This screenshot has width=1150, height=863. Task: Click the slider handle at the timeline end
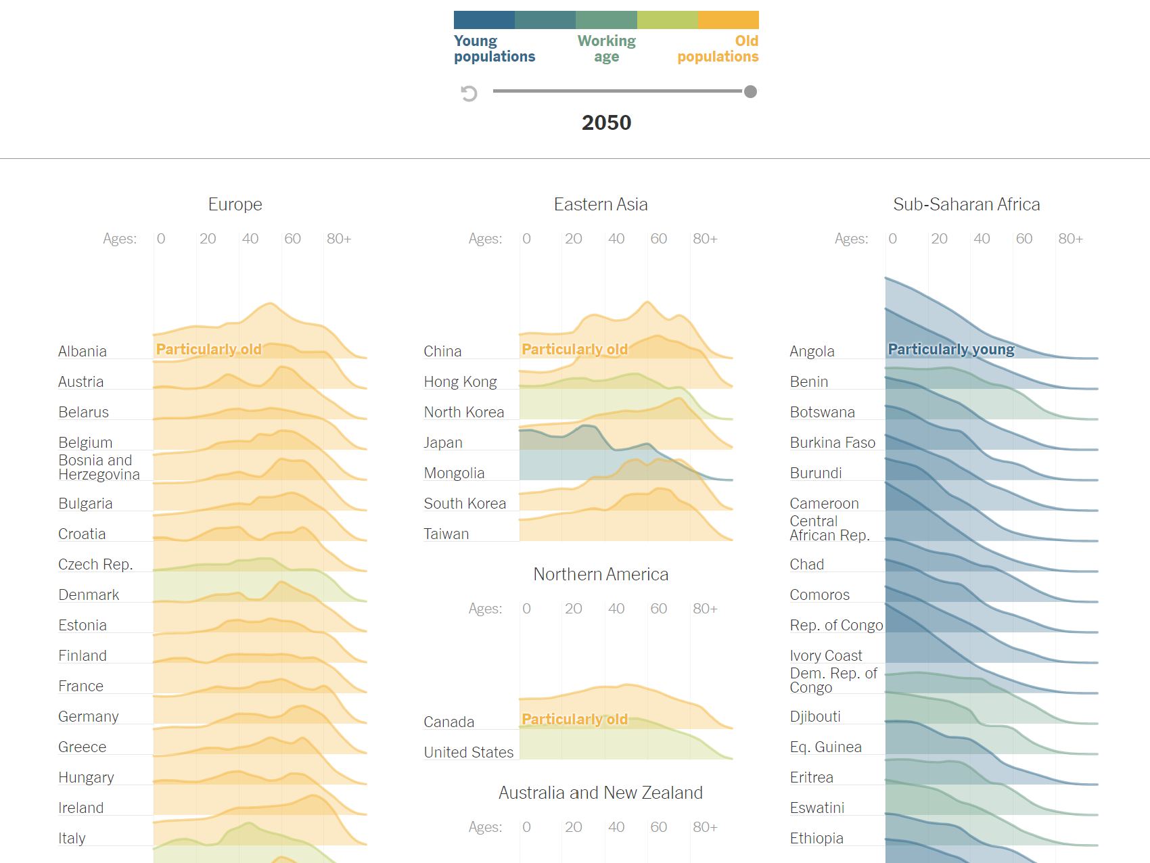(x=750, y=92)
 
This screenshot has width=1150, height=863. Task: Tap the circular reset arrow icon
(x=469, y=93)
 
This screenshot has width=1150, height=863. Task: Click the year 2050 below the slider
(x=606, y=122)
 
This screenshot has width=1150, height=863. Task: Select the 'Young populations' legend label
(x=494, y=49)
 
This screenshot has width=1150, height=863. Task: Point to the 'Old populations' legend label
(x=718, y=49)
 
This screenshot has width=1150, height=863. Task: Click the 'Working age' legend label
(x=606, y=49)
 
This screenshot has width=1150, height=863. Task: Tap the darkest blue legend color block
(x=484, y=20)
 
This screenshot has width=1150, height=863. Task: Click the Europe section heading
(x=235, y=204)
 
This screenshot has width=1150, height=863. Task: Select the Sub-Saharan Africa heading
(x=966, y=204)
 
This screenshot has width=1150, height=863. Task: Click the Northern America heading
(x=601, y=574)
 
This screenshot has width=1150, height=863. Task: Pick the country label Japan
(x=443, y=442)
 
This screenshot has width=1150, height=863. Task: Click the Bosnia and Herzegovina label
(x=99, y=467)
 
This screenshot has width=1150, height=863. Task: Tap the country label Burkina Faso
(x=832, y=442)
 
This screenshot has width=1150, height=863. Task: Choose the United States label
(x=468, y=752)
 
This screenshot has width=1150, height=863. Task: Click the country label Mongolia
(x=454, y=473)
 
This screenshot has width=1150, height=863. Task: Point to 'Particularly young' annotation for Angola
(x=950, y=349)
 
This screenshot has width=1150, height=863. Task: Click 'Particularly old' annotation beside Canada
(x=574, y=719)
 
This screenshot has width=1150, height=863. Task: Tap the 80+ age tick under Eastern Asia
(x=705, y=239)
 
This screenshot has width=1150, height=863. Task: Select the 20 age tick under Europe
(x=207, y=239)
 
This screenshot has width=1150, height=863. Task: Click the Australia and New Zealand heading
(x=601, y=793)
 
